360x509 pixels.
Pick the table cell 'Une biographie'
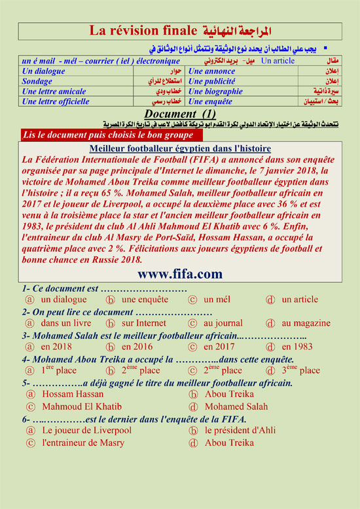(215, 92)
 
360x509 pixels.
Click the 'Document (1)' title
(179, 114)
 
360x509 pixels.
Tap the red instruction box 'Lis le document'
(107, 135)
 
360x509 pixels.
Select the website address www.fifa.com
(179, 273)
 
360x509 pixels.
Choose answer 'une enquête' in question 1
(144, 300)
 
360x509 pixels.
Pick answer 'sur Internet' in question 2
(143, 323)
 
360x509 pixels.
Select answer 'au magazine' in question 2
(306, 323)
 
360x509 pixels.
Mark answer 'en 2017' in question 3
(219, 347)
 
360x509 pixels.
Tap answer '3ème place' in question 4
(300, 370)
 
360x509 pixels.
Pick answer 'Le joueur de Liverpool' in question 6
(86, 430)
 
